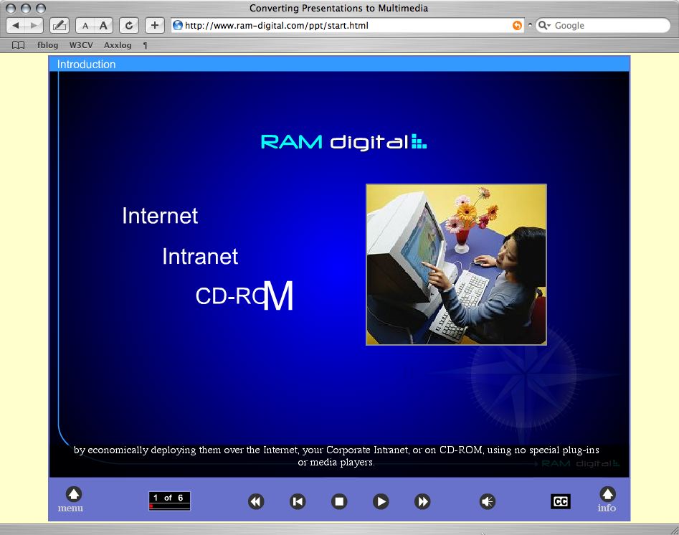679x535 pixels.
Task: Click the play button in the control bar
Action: pyautogui.click(x=381, y=501)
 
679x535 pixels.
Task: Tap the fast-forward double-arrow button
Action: pyautogui.click(x=422, y=501)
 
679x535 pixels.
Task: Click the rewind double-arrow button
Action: pyautogui.click(x=256, y=501)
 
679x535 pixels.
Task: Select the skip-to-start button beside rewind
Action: pyautogui.click(x=298, y=501)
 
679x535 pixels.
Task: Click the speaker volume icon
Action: pyautogui.click(x=488, y=501)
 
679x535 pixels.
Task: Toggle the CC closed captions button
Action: pyautogui.click(x=561, y=501)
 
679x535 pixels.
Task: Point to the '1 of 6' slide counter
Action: pyautogui.click(x=169, y=498)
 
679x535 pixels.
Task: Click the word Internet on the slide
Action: pyautogui.click(x=160, y=216)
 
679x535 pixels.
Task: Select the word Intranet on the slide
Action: pyautogui.click(x=200, y=257)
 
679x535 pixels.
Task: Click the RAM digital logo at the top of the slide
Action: pyautogui.click(x=343, y=142)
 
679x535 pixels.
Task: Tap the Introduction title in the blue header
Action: pyautogui.click(x=86, y=65)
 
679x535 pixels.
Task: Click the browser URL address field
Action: pyautogui.click(x=344, y=25)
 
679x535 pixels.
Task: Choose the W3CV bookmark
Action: pyautogui.click(x=81, y=45)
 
